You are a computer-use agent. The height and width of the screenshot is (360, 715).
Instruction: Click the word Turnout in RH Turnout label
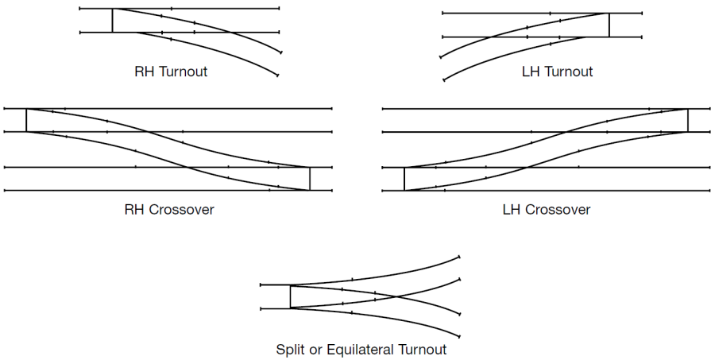184,72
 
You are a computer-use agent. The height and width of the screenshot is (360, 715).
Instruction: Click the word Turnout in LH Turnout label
568,72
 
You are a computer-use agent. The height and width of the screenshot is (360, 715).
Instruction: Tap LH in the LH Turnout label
531,72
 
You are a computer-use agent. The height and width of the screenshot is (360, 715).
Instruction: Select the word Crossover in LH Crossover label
561,210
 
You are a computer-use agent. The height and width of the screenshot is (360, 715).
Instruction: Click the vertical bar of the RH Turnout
112,21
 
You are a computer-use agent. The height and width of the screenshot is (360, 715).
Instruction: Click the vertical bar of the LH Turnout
609,25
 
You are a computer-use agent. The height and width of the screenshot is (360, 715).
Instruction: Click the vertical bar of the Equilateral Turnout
290,296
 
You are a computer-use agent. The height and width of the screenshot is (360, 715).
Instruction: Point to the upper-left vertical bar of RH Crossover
26,120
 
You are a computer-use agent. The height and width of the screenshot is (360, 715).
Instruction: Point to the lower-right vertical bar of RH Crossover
309,179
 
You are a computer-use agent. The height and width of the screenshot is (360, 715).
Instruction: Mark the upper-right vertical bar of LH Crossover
688,120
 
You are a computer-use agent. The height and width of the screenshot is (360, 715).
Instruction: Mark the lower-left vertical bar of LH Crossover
404,179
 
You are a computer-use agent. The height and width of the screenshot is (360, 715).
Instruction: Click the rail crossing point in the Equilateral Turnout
395,296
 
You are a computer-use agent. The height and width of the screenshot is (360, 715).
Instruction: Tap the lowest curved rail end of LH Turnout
443,79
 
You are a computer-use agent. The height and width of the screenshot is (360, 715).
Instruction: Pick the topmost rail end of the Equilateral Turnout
459,256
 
